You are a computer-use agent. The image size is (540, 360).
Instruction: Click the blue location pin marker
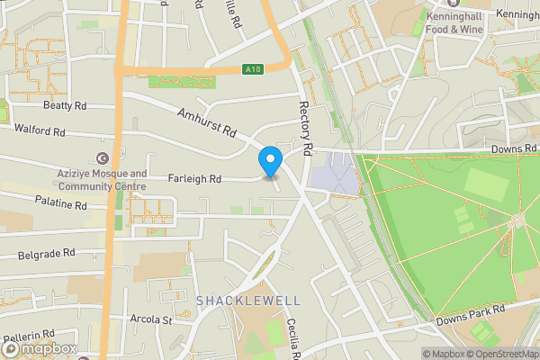(270, 162)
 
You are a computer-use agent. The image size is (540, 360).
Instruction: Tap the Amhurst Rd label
(206, 122)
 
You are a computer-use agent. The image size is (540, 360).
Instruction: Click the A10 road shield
(253, 69)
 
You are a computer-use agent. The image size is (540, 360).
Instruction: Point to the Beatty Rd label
(65, 105)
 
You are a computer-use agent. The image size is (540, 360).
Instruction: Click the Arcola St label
(150, 319)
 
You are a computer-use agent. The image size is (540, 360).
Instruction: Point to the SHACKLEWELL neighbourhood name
(238, 299)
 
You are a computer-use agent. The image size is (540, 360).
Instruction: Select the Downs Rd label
(514, 148)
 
